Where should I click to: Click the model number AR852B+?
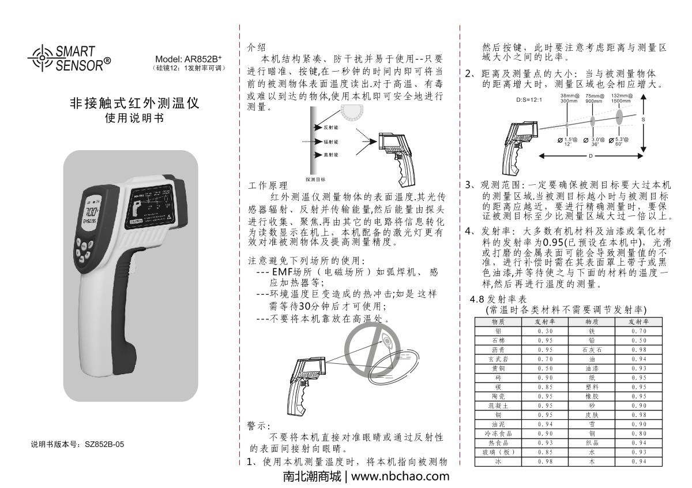pyautogui.click(x=190, y=59)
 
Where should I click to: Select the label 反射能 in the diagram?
pyautogui.click(x=331, y=126)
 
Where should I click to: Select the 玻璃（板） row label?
pyautogui.click(x=497, y=451)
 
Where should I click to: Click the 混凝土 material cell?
pyautogui.click(x=497, y=406)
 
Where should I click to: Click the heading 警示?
pyautogui.click(x=255, y=426)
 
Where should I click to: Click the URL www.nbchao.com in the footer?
pyautogui.click(x=400, y=477)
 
